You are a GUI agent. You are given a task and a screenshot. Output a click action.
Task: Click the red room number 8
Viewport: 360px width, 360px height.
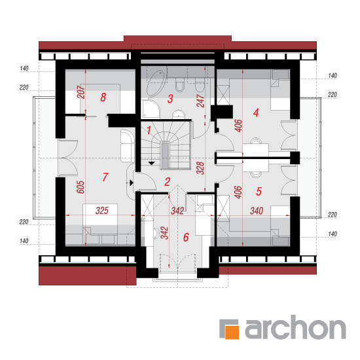pyautogui.click(x=103, y=97)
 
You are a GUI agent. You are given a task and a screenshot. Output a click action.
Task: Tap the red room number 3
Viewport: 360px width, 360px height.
pyautogui.click(x=170, y=99)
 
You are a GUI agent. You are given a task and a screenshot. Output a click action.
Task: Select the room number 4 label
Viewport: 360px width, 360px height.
pyautogui.click(x=256, y=113)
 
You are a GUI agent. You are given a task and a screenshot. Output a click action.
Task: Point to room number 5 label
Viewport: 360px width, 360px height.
pyautogui.click(x=259, y=191)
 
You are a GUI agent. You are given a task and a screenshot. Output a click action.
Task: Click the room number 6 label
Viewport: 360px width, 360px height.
pyautogui.click(x=186, y=237)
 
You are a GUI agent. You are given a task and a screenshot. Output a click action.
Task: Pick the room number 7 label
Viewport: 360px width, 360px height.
pyautogui.click(x=105, y=177)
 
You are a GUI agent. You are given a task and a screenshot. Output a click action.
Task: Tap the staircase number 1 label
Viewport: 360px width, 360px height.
pyautogui.click(x=149, y=130)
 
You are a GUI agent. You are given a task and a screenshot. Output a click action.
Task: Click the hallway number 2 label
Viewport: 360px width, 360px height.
pyautogui.click(x=167, y=182)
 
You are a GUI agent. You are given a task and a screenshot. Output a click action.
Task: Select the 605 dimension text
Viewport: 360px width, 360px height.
pyautogui.click(x=81, y=187)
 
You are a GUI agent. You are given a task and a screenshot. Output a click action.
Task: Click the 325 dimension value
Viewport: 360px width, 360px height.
pyautogui.click(x=102, y=211)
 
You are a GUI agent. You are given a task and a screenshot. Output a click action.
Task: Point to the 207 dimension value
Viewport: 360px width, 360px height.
pyautogui.click(x=81, y=92)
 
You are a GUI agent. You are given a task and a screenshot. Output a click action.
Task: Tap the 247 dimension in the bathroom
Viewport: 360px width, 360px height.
pyautogui.click(x=200, y=101)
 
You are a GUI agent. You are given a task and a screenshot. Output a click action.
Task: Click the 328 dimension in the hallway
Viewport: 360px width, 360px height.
pyautogui.click(x=200, y=168)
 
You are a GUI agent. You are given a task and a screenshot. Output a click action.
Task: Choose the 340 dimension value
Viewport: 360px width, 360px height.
pyautogui.click(x=257, y=211)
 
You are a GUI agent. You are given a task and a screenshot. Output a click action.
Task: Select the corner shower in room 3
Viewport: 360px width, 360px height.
pyautogui.click(x=150, y=109)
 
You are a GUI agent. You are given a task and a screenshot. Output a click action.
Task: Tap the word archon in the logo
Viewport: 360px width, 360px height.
pyautogui.click(x=295, y=327)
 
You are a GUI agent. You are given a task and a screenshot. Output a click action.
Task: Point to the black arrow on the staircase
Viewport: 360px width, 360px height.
pyautogui.click(x=152, y=163)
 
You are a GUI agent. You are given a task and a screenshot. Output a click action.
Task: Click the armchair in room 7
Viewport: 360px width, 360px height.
pyautogui.click(x=128, y=146)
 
